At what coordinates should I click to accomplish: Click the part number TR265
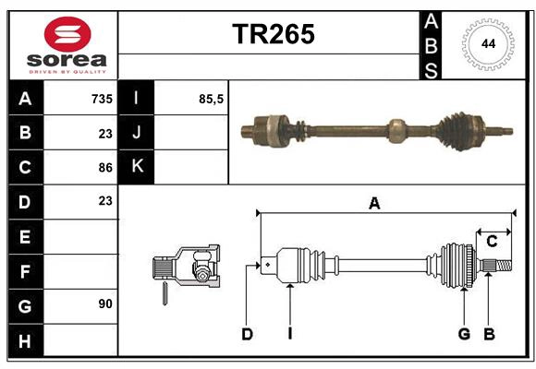pyautogui.click(x=273, y=33)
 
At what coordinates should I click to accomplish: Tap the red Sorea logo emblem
pyautogui.click(x=67, y=37)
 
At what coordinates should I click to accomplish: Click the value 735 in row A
pyautogui.click(x=101, y=98)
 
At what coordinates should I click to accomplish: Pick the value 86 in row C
pyautogui.click(x=104, y=167)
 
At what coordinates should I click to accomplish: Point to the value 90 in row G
pyautogui.click(x=104, y=304)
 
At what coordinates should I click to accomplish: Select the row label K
pyautogui.click(x=137, y=167)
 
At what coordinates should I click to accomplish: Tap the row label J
pyautogui.click(x=137, y=133)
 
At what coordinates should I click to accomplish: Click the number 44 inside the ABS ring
pyautogui.click(x=486, y=44)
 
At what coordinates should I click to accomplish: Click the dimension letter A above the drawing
pyautogui.click(x=374, y=204)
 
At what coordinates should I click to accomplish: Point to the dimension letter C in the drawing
pyautogui.click(x=492, y=241)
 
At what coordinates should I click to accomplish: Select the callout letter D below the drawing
pyautogui.click(x=247, y=334)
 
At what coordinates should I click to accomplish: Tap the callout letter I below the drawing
pyautogui.click(x=289, y=334)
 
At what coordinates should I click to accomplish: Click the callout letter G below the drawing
pyautogui.click(x=464, y=334)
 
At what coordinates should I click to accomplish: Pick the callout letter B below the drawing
pyautogui.click(x=489, y=334)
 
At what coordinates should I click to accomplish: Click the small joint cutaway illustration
pyautogui.click(x=187, y=269)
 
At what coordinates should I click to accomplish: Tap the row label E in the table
pyautogui.click(x=25, y=236)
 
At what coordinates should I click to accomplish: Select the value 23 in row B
pyautogui.click(x=104, y=133)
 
